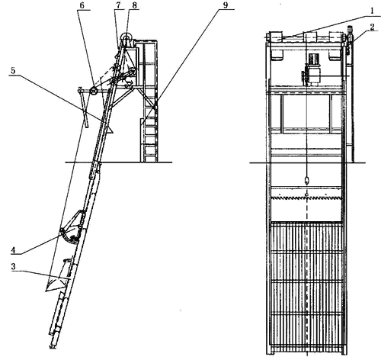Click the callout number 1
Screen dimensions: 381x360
pos(372,11)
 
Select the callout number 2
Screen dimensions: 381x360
pos(373,27)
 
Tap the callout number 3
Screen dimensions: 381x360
pos(13,266)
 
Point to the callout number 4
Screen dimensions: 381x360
pos(13,250)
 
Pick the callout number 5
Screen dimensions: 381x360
pos(13,71)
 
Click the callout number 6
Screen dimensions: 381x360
pos(82,5)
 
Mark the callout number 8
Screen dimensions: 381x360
pos(134,5)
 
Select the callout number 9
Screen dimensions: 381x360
pos(226,5)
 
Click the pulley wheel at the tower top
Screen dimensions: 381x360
pos(126,38)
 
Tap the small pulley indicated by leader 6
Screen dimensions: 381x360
pos(93,91)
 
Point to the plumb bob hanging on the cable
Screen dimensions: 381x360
pos(307,180)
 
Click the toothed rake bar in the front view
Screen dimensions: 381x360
pos(306,198)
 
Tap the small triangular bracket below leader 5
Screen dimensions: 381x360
pos(110,130)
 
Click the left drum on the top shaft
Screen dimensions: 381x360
pos(276,46)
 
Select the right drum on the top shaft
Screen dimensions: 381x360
pos(335,46)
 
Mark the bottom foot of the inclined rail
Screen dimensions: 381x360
pos(53,346)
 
